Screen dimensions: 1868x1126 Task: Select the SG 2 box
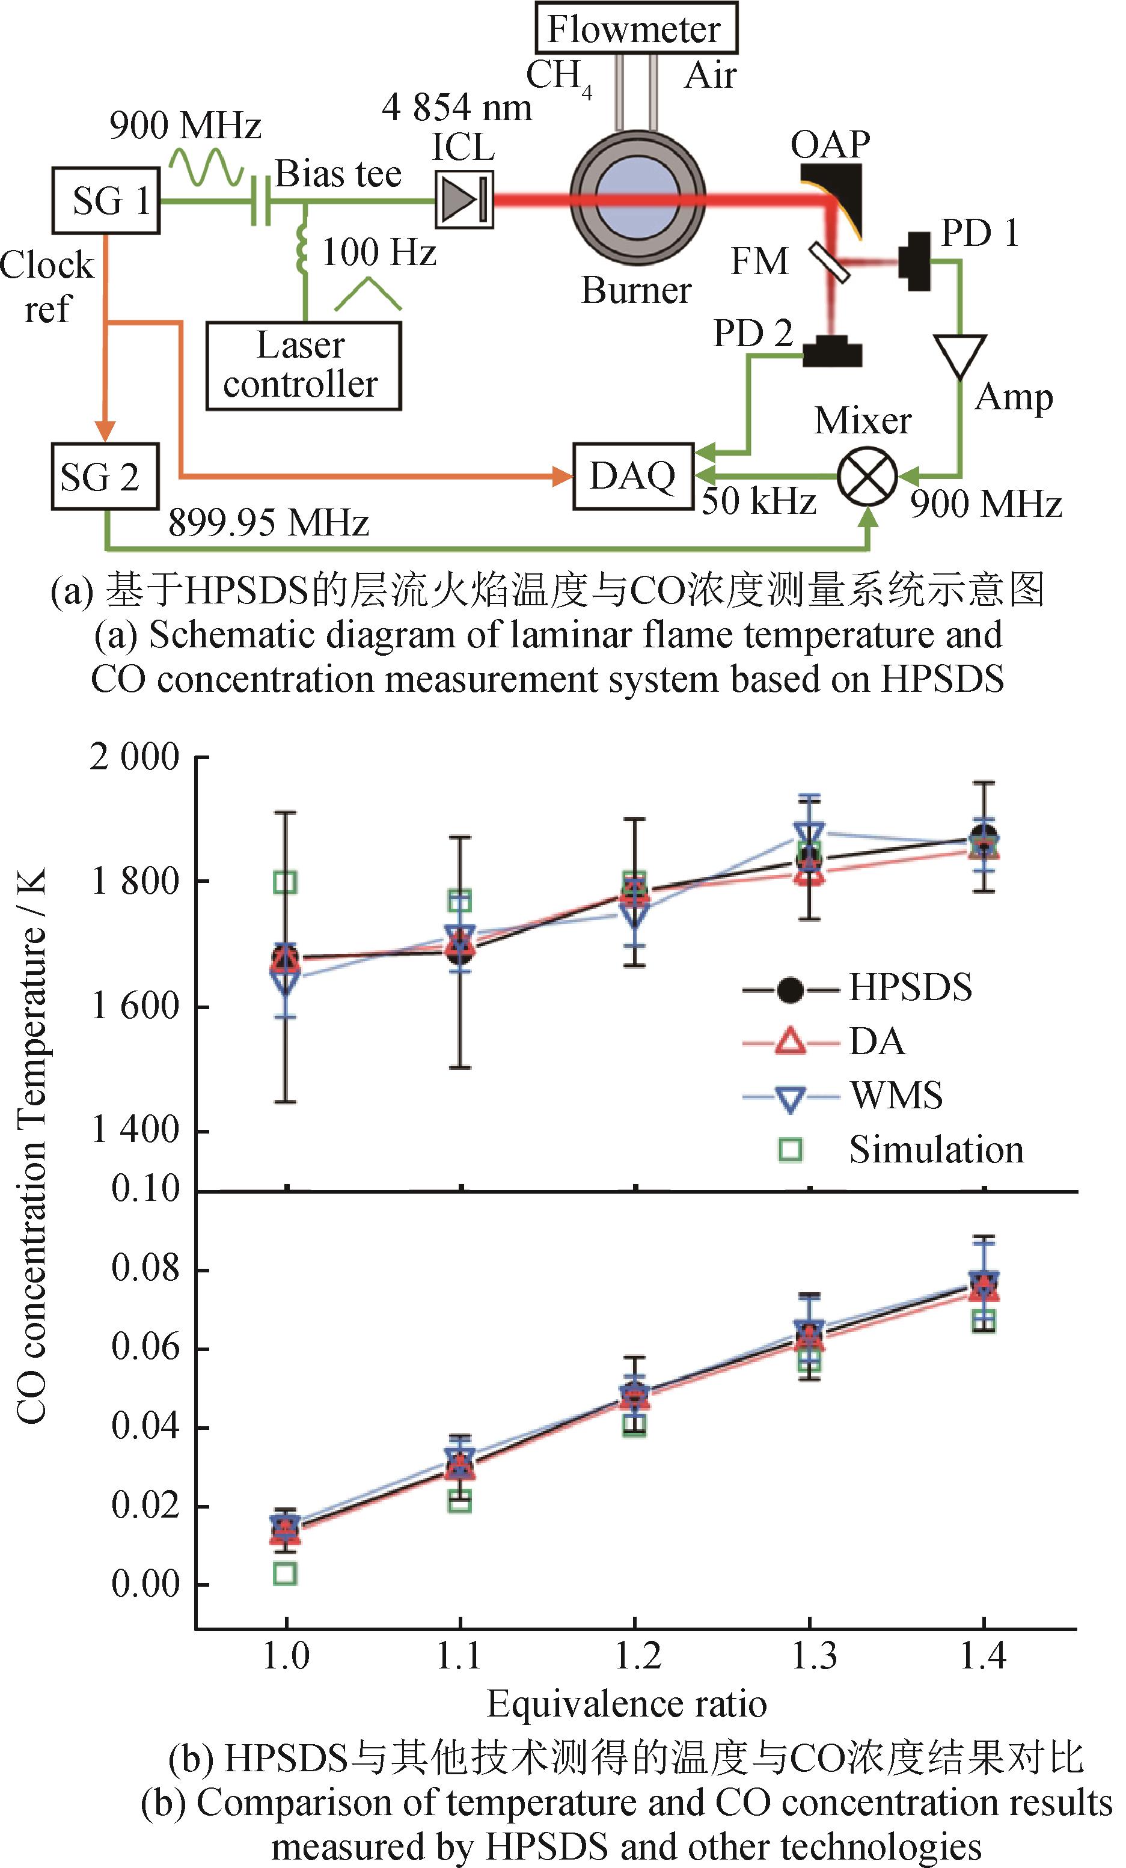coord(105,477)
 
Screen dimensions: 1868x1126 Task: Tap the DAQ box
coord(633,477)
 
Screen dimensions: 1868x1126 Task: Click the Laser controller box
coord(304,366)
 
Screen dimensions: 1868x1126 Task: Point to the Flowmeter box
coord(635,29)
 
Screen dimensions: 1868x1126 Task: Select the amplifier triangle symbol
coord(960,355)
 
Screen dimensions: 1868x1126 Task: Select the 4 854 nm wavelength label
coord(456,107)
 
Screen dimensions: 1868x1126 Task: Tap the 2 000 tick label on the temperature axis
coord(134,757)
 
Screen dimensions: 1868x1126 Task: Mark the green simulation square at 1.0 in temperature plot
coord(285,882)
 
